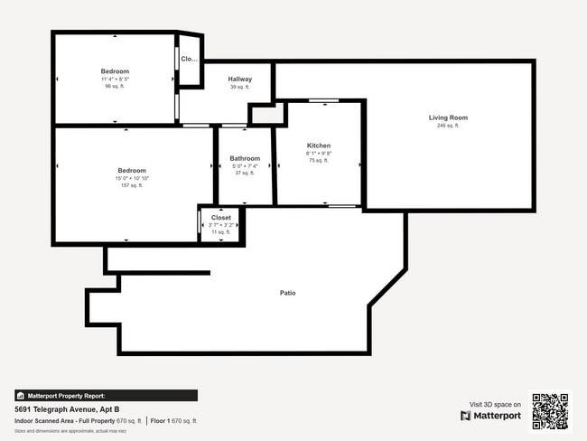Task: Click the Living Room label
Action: point(448,117)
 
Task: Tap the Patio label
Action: point(287,293)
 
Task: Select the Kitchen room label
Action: point(319,145)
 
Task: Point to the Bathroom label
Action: point(245,158)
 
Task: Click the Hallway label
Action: point(239,80)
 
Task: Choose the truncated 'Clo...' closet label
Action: point(189,60)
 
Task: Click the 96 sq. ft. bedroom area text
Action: point(115,87)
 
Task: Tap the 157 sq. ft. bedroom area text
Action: point(132,186)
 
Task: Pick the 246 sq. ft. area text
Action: point(448,126)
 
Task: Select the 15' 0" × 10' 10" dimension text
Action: point(132,179)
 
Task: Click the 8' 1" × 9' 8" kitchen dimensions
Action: point(319,153)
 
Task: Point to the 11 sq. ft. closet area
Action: point(221,232)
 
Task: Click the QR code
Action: point(550,410)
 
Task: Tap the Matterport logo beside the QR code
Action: point(490,416)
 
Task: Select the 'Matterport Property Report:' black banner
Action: point(106,395)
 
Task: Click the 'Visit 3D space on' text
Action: point(495,404)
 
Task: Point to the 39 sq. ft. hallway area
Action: point(239,87)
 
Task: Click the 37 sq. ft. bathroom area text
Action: point(245,173)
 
